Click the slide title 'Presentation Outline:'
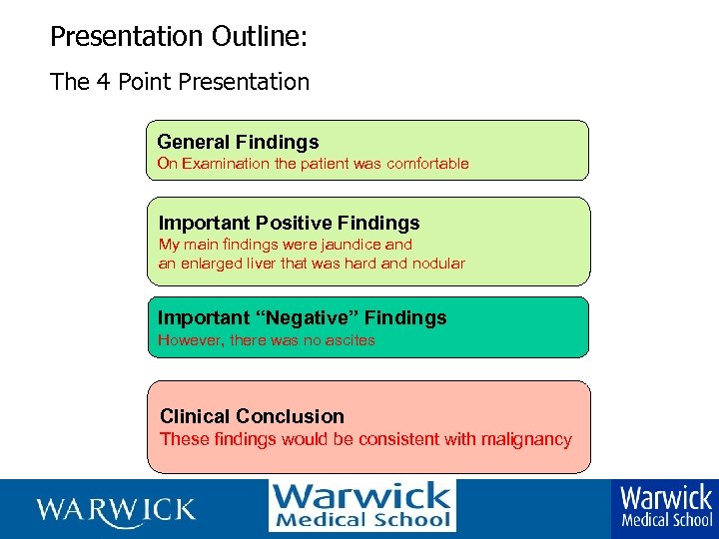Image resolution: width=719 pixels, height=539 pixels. click(179, 37)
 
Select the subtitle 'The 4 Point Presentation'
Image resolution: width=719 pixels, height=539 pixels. click(180, 82)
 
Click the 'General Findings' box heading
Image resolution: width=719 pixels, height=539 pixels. click(238, 142)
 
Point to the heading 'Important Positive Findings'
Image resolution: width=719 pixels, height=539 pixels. click(290, 223)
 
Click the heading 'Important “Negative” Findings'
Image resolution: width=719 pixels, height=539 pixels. click(302, 317)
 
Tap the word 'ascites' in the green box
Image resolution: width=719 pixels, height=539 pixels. click(350, 340)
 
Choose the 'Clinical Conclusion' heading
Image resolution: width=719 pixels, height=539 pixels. click(252, 416)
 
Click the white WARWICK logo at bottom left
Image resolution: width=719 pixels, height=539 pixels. click(116, 509)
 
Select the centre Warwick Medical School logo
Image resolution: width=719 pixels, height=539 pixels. click(361, 506)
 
